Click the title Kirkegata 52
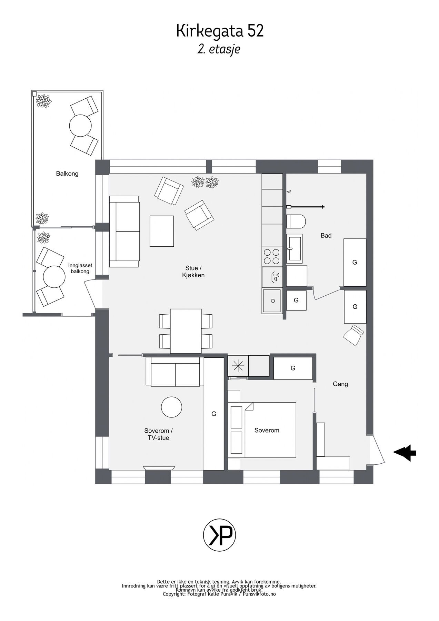[220, 31]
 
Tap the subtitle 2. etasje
[219, 49]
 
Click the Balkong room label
[67, 174]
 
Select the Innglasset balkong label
[80, 268]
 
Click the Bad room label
[326, 236]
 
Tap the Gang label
[340, 384]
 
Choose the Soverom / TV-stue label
[158, 434]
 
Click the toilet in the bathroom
[296, 221]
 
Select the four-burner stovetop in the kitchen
[272, 257]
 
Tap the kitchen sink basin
[272, 301]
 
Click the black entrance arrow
[405, 453]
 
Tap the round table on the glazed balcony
[54, 277]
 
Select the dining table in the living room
[186, 331]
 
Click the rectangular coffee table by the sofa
[162, 231]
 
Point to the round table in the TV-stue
[172, 407]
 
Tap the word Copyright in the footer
[174, 594]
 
